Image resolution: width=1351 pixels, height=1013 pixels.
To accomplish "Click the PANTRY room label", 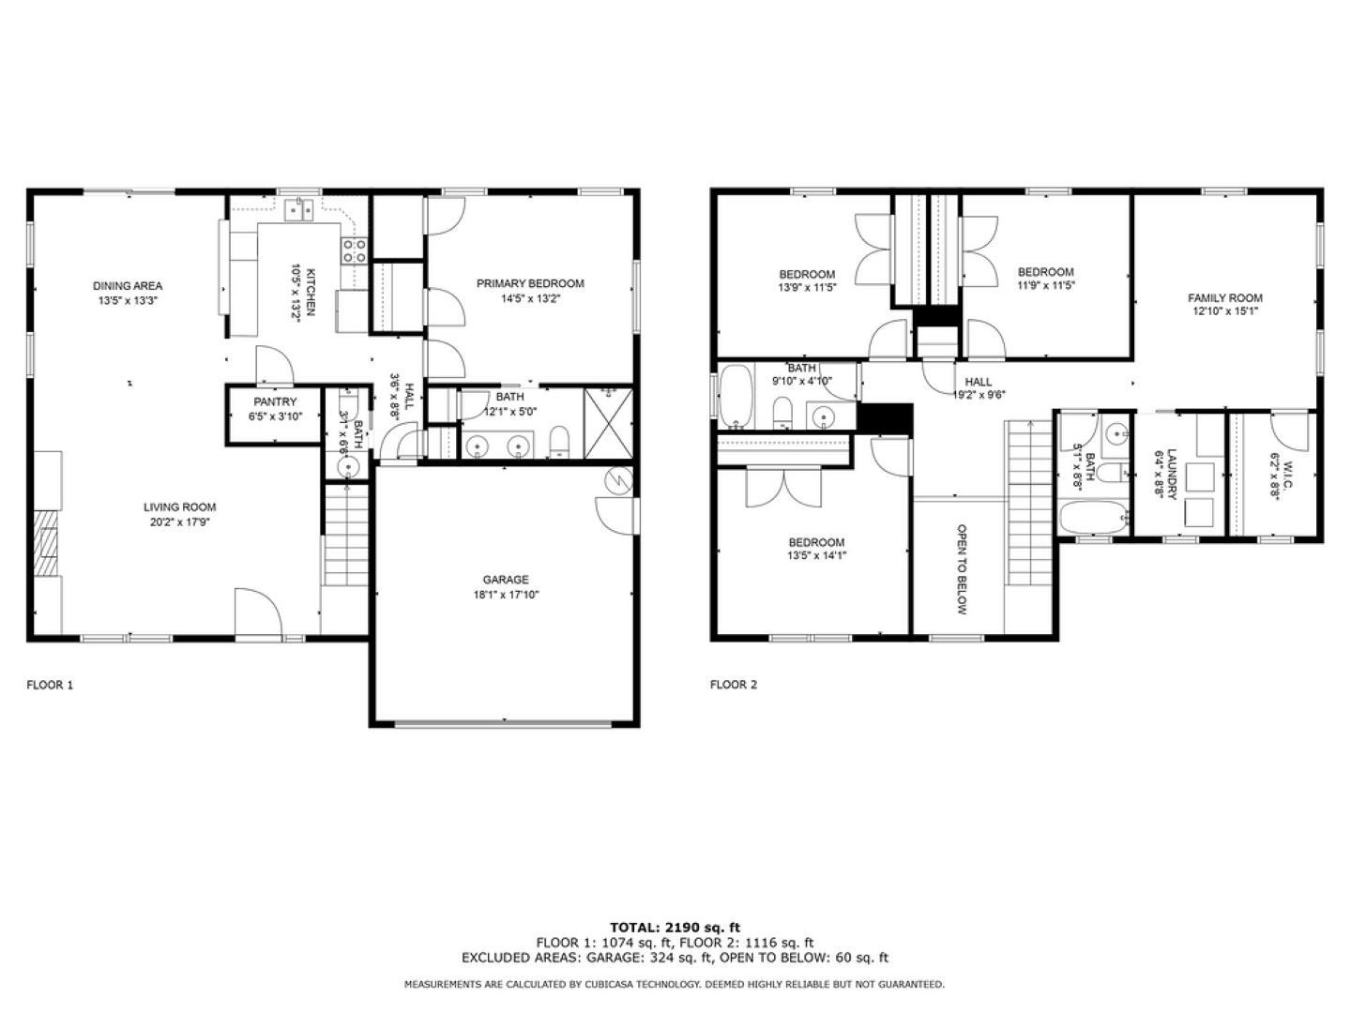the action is click(275, 401).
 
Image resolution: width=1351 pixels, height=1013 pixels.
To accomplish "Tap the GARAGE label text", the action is click(506, 580).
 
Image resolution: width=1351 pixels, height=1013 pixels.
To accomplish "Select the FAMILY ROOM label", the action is click(1225, 297).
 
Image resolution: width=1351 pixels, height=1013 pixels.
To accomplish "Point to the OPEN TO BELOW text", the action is click(962, 569).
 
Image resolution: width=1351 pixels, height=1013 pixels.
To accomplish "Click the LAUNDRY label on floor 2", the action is click(1172, 475).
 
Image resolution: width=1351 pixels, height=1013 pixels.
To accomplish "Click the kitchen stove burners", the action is click(355, 251).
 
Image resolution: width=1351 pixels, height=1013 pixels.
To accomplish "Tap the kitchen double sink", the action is click(299, 209).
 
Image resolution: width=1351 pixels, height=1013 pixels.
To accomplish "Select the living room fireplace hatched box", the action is click(44, 542).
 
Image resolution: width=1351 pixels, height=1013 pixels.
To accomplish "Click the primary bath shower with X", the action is click(608, 422).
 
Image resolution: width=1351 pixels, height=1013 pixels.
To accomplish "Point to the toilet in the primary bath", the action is click(559, 442).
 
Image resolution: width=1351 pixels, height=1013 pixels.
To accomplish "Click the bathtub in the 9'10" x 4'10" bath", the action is click(736, 396).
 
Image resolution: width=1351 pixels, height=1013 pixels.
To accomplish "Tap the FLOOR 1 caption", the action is click(50, 685).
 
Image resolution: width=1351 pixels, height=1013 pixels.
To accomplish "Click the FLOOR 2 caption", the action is click(733, 685).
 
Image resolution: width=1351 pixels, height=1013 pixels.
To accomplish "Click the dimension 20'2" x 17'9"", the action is click(180, 522).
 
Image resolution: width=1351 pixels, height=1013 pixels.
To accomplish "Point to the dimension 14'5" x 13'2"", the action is click(531, 299).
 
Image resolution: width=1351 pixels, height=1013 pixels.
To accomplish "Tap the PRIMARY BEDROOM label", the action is click(531, 283).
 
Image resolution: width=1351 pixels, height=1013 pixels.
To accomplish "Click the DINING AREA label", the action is click(128, 286).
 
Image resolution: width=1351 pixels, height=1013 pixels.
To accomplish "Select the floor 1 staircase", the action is click(346, 535).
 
